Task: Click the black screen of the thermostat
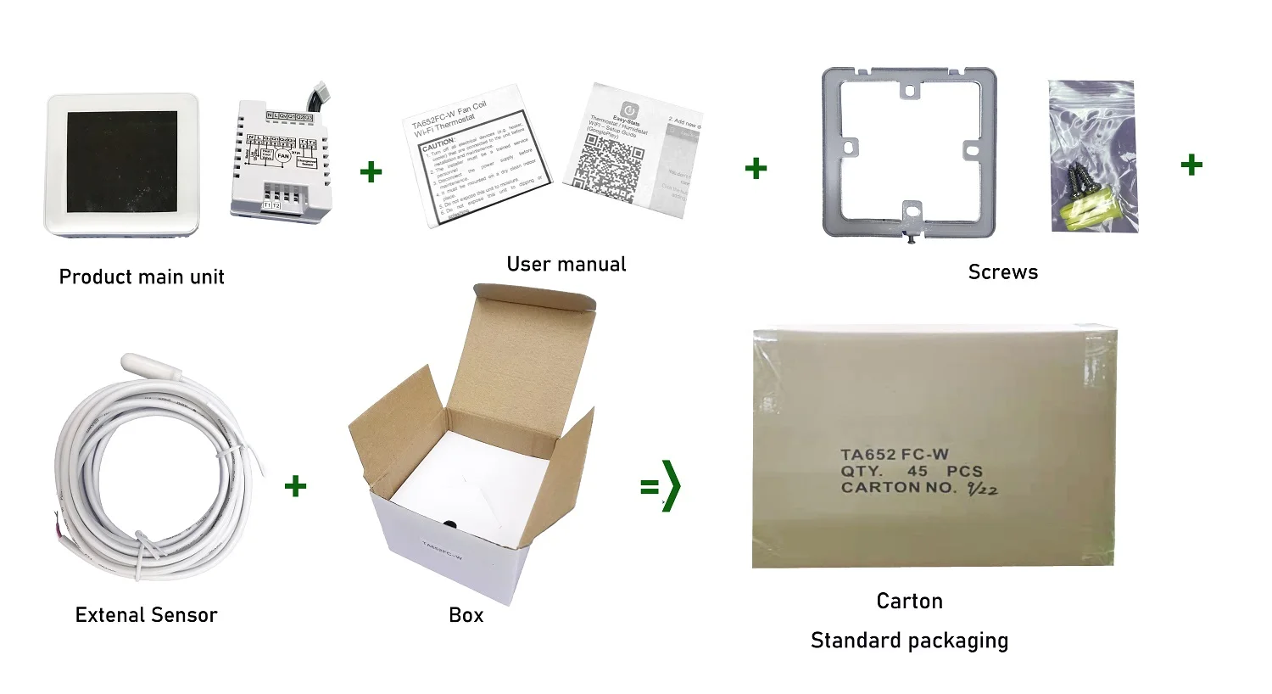[122, 161]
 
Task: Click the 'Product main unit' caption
[142, 277]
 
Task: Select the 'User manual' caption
[566, 265]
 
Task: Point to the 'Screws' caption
[1002, 272]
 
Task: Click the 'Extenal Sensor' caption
[146, 615]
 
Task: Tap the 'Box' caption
[466, 615]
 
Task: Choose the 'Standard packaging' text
[909, 641]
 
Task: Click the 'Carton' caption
[909, 602]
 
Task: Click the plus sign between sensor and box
[295, 486]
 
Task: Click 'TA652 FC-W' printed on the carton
[894, 455]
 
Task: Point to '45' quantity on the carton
[918, 471]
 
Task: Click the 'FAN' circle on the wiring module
[283, 156]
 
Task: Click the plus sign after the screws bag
[1191, 164]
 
